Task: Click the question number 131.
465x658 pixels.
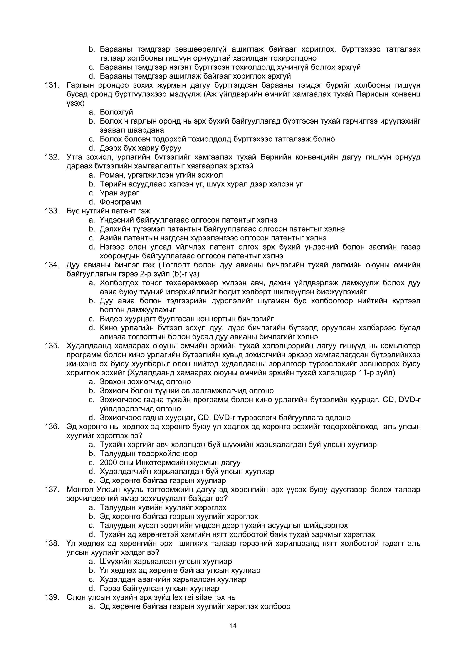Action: click(52, 85)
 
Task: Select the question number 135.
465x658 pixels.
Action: click(52, 346)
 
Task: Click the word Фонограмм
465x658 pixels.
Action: click(120, 202)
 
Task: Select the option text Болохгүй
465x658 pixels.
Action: click(116, 112)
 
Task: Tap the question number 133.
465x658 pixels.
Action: click(52, 211)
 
